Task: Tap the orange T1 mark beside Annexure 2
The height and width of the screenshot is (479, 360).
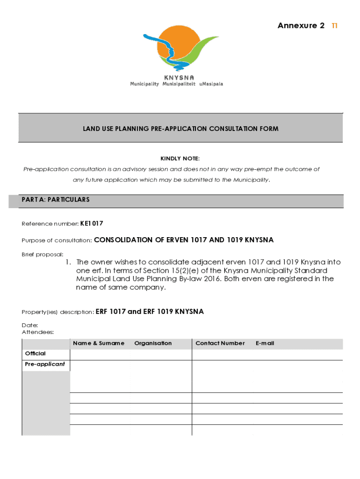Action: click(334, 26)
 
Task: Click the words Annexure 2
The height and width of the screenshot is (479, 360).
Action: click(301, 26)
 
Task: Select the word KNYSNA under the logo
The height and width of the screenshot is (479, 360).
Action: click(179, 78)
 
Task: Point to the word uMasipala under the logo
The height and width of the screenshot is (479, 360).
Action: click(211, 84)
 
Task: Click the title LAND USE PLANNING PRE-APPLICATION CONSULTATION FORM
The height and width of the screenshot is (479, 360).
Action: click(180, 129)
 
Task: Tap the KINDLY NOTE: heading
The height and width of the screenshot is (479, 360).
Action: click(180, 159)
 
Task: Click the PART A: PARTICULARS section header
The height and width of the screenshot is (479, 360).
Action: click(56, 200)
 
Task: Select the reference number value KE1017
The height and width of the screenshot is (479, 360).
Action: click(92, 224)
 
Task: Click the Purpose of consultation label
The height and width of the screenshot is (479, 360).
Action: click(57, 240)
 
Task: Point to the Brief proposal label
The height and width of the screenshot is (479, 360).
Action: click(43, 254)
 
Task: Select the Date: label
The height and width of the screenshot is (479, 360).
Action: click(30, 325)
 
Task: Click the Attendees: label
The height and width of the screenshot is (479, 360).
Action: click(38, 332)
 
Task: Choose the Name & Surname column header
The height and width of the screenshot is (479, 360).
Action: click(99, 343)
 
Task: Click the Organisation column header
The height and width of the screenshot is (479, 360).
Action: click(153, 343)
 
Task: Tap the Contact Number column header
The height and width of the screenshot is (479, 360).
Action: click(220, 343)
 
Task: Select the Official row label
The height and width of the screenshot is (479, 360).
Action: click(35, 354)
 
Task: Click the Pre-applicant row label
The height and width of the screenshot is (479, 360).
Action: click(45, 364)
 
